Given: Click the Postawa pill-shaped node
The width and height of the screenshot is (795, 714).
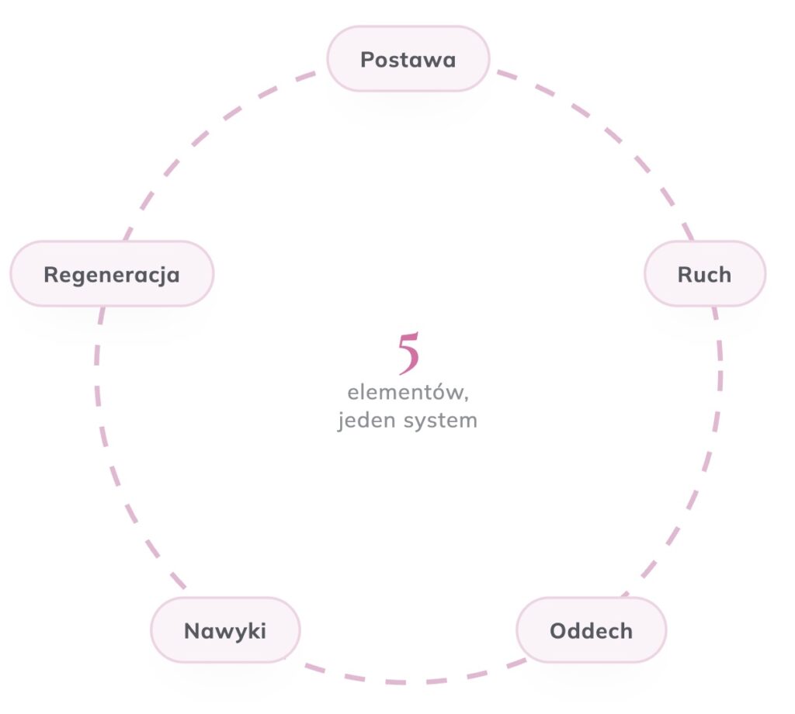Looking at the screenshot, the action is point(408,59).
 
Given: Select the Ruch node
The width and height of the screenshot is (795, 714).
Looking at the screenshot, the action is point(705,274).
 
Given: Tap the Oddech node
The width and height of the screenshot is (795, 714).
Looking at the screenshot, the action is point(591,630).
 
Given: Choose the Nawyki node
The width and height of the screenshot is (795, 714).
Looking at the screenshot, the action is point(226,630).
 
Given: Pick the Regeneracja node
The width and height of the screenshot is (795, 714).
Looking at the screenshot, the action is point(112,274).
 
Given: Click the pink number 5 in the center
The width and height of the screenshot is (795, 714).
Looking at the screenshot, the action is point(408,353).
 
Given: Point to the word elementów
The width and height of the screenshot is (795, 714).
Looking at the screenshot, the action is point(405,392).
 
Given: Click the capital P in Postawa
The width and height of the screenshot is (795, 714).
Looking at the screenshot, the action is point(366,59).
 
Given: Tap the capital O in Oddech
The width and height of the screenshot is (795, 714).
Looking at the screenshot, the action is point(558,631).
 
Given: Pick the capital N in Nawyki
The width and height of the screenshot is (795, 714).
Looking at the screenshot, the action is point(192,631).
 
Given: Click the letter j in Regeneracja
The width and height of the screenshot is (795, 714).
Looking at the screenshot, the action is point(163,277).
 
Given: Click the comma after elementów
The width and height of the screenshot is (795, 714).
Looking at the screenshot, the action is point(466,399).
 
